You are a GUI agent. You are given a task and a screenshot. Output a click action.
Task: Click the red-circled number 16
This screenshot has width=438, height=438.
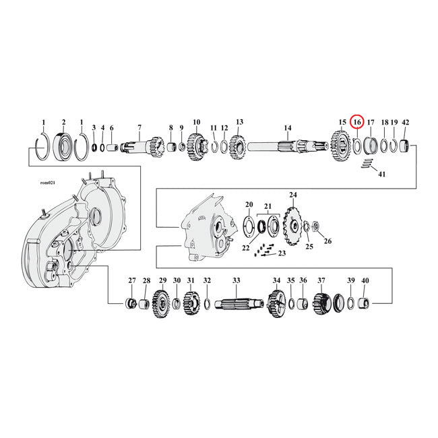tap(357, 122)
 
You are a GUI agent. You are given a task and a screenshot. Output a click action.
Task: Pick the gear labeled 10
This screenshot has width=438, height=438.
tap(197, 144)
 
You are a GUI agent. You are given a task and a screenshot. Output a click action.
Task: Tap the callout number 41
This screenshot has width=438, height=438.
tap(381, 175)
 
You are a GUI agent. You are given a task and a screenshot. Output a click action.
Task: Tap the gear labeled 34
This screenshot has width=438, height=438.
tap(276, 301)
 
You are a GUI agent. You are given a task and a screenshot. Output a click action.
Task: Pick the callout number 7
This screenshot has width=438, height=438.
tap(139, 127)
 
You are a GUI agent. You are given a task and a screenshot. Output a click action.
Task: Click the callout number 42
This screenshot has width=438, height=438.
tap(405, 123)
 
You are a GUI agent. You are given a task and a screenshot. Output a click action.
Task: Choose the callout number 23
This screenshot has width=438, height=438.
tap(282, 253)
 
